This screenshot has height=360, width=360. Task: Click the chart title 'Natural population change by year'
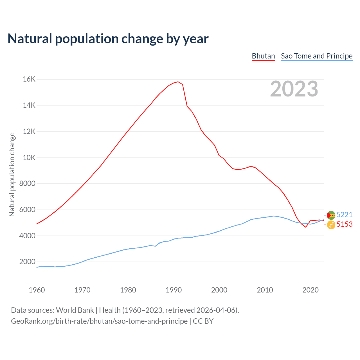(108, 39)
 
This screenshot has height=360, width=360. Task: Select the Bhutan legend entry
(263, 56)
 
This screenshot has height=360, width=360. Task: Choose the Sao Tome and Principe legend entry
(316, 56)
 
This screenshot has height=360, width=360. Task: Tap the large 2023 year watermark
(294, 89)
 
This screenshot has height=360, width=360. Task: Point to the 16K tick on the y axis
(29, 79)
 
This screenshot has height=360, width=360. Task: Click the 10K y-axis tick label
(29, 157)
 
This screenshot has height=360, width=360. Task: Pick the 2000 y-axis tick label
(28, 262)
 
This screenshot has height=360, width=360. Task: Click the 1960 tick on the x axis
(37, 290)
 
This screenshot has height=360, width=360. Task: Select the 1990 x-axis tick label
(174, 290)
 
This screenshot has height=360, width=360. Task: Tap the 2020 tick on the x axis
(310, 290)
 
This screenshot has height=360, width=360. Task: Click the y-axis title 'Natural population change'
(12, 174)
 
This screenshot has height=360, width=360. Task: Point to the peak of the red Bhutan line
(178, 82)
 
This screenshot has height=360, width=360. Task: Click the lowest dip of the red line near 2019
(306, 227)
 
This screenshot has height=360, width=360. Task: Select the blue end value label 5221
(344, 215)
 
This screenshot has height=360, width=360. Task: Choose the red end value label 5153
(344, 224)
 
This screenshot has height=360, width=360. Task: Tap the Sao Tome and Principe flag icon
(331, 215)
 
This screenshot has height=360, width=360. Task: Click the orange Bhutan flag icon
(331, 225)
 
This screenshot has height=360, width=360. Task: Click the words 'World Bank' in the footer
(75, 310)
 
